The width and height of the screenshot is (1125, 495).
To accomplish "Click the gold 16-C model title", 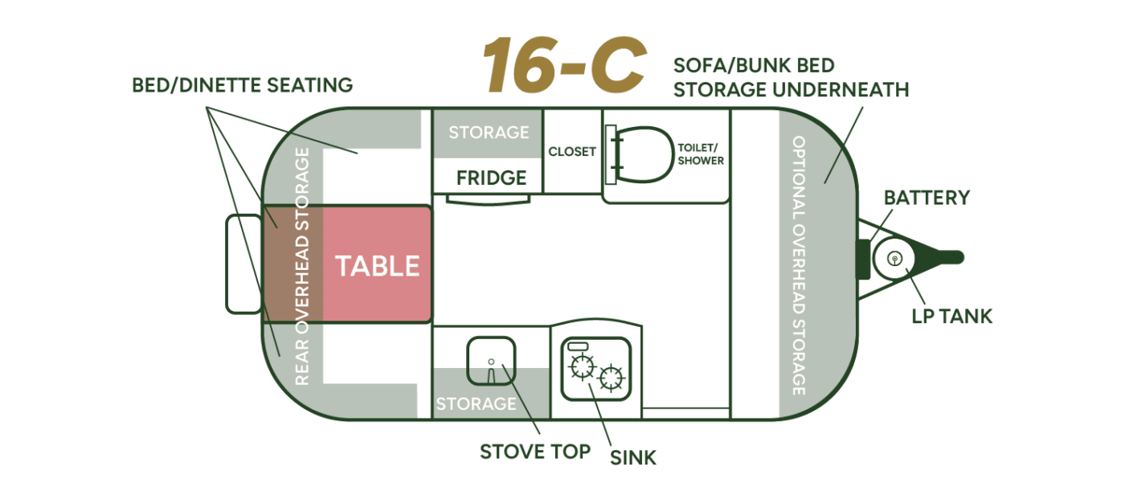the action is coord(564,65).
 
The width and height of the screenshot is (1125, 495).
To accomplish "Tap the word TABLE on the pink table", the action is coord(377,266).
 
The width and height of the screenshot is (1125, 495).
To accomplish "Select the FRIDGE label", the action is coord(491,178).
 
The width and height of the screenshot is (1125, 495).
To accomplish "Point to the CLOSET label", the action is coord(572,152).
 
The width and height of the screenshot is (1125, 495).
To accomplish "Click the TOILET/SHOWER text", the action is coord(701,154).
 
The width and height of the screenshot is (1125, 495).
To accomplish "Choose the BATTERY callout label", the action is coord(927,198).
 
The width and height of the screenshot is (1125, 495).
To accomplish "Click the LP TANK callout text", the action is coord(951,317).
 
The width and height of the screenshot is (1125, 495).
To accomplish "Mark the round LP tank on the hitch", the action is coord(894,259).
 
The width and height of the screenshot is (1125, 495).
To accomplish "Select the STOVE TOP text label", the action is coord(535,452).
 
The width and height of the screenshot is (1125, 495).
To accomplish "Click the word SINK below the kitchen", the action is coord(633,458).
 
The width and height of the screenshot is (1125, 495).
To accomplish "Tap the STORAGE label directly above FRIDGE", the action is coord(489,133).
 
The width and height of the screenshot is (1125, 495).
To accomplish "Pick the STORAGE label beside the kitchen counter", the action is coord(476,403).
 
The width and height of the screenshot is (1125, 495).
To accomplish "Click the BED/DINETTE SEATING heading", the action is coord(242,85).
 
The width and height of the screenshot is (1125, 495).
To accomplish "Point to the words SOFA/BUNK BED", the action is coord(754,66).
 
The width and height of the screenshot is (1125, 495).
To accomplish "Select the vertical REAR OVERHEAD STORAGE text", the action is coord(302,266).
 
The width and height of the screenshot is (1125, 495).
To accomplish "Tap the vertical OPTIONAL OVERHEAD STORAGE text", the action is coord(799,265).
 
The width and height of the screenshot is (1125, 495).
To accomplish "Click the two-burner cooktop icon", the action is coord(595,369).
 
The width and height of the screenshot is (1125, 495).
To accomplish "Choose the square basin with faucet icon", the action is coord(491,361).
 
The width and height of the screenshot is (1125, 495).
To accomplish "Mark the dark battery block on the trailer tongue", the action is coord(863,259).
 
